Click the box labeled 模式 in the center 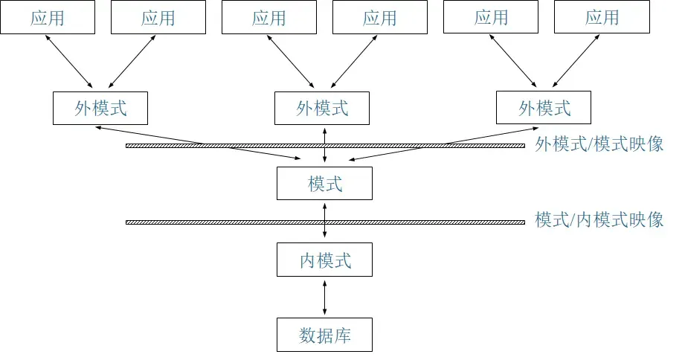click(324, 183)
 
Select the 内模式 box click(324, 260)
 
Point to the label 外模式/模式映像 click(599, 144)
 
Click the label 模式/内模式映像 click(599, 220)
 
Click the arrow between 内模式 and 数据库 click(324, 297)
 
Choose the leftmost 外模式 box click(100, 109)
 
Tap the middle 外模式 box click(322, 109)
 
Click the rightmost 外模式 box click(544, 109)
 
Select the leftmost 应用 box click(48, 18)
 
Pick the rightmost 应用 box click(602, 18)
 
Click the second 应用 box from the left click(158, 18)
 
